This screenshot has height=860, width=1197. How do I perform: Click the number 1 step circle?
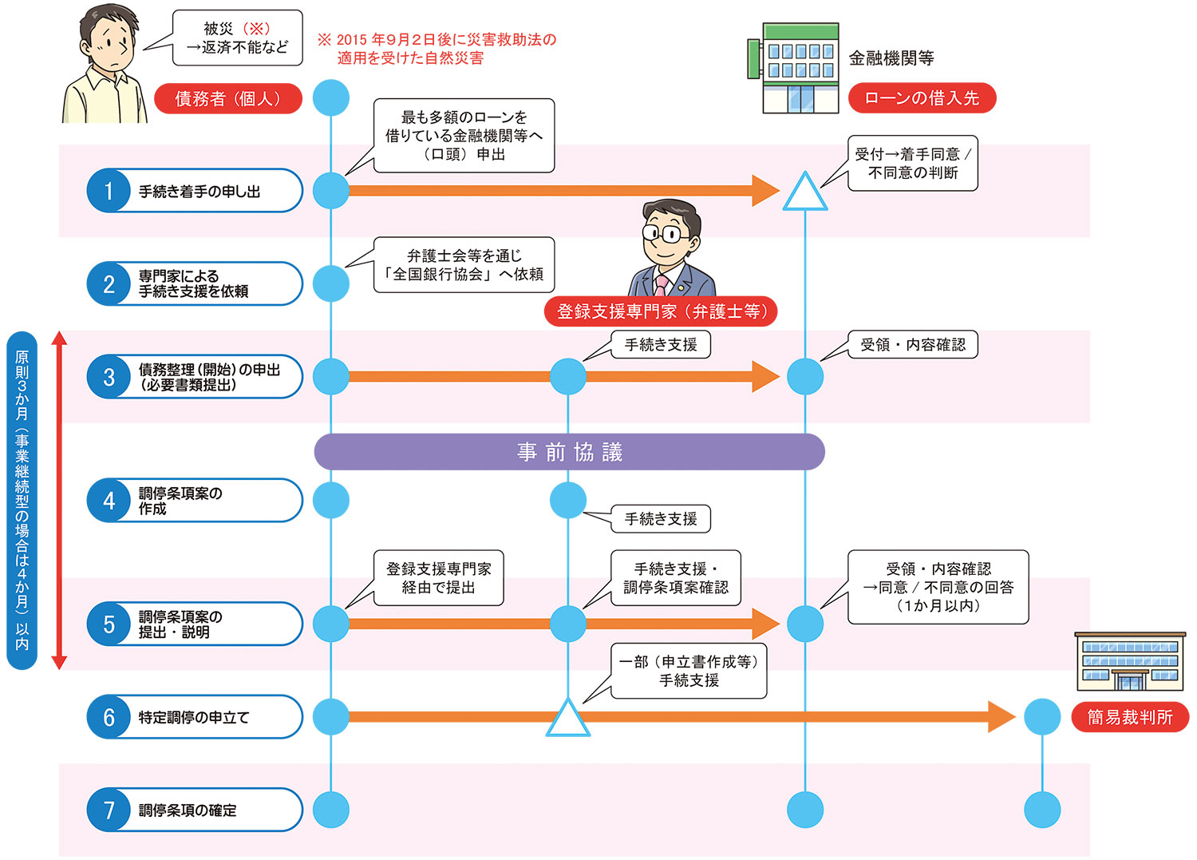pos(109,191)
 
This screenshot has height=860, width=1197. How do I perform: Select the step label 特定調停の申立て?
pos(194,717)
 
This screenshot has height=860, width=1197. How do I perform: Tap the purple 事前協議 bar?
pos(569,452)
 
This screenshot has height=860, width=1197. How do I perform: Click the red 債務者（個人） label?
pos(228,98)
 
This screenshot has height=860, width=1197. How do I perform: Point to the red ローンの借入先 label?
pos(922,98)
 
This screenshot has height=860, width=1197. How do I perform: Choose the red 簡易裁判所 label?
pos(1129,717)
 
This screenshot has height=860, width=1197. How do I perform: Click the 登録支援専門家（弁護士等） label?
pos(661,311)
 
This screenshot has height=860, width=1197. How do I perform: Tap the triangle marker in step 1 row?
pos(805,193)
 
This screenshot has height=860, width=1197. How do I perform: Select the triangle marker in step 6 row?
pos(568,719)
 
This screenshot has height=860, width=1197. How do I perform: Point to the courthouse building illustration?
pos(1130,662)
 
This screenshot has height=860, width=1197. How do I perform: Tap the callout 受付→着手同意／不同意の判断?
pos(912,163)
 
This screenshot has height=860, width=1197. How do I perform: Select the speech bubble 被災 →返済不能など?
pos(237,38)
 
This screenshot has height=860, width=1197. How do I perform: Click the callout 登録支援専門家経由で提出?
pos(439,577)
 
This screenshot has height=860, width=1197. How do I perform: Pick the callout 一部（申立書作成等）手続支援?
pos(689,671)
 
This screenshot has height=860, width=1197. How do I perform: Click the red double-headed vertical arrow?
pos(59,500)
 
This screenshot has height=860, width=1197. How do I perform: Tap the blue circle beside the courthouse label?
pos(1042,717)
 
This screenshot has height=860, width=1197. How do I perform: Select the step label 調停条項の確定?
pos(188,810)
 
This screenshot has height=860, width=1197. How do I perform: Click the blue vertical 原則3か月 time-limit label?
pos(22,500)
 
